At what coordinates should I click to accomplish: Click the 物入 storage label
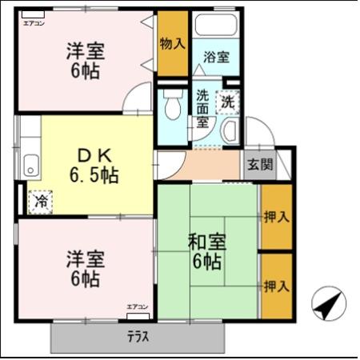tap(172, 42)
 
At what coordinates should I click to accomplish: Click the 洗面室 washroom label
tap(203, 108)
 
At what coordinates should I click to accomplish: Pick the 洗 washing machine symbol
tap(229, 102)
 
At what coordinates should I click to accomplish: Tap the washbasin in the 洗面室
tap(230, 132)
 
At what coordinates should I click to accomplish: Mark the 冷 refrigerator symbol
tap(38, 202)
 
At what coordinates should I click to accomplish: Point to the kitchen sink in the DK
tap(30, 166)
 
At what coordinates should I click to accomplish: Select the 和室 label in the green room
tap(205, 240)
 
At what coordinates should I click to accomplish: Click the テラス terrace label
tap(138, 336)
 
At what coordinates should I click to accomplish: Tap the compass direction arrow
tap(329, 303)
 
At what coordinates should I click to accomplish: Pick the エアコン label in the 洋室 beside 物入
tap(34, 23)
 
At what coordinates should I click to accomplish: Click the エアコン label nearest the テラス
tap(137, 306)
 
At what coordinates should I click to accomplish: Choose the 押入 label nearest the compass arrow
tap(276, 286)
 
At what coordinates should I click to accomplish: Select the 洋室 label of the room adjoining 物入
tap(85, 50)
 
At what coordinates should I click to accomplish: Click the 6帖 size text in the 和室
tap(206, 260)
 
